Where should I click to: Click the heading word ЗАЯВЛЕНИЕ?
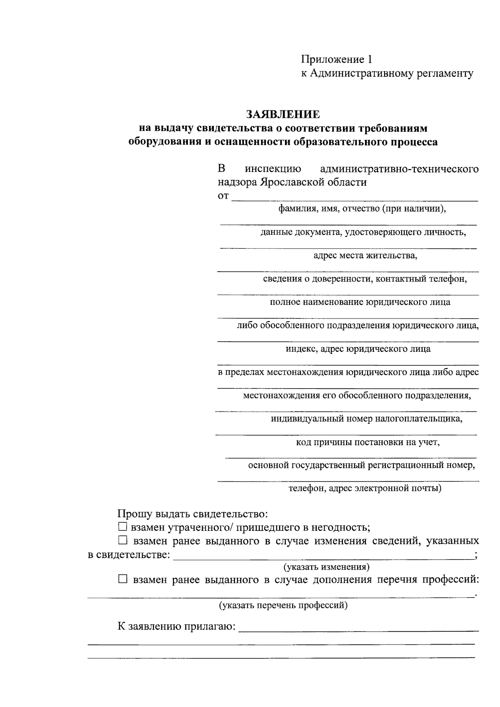(x=283, y=114)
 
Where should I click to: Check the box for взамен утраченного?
(x=122, y=527)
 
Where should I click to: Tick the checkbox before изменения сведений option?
(x=122, y=540)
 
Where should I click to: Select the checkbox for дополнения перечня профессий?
(x=122, y=579)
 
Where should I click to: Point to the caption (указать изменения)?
(x=326, y=567)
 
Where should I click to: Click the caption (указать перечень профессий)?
(x=283, y=605)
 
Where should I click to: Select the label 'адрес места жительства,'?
(x=365, y=255)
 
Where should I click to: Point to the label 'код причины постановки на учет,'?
(x=368, y=442)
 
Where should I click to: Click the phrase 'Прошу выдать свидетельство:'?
(x=192, y=514)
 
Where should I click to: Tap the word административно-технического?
(x=399, y=169)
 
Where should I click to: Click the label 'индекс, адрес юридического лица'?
(x=358, y=349)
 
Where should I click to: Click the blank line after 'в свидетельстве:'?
(x=323, y=555)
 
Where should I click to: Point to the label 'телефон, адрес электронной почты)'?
(x=365, y=488)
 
